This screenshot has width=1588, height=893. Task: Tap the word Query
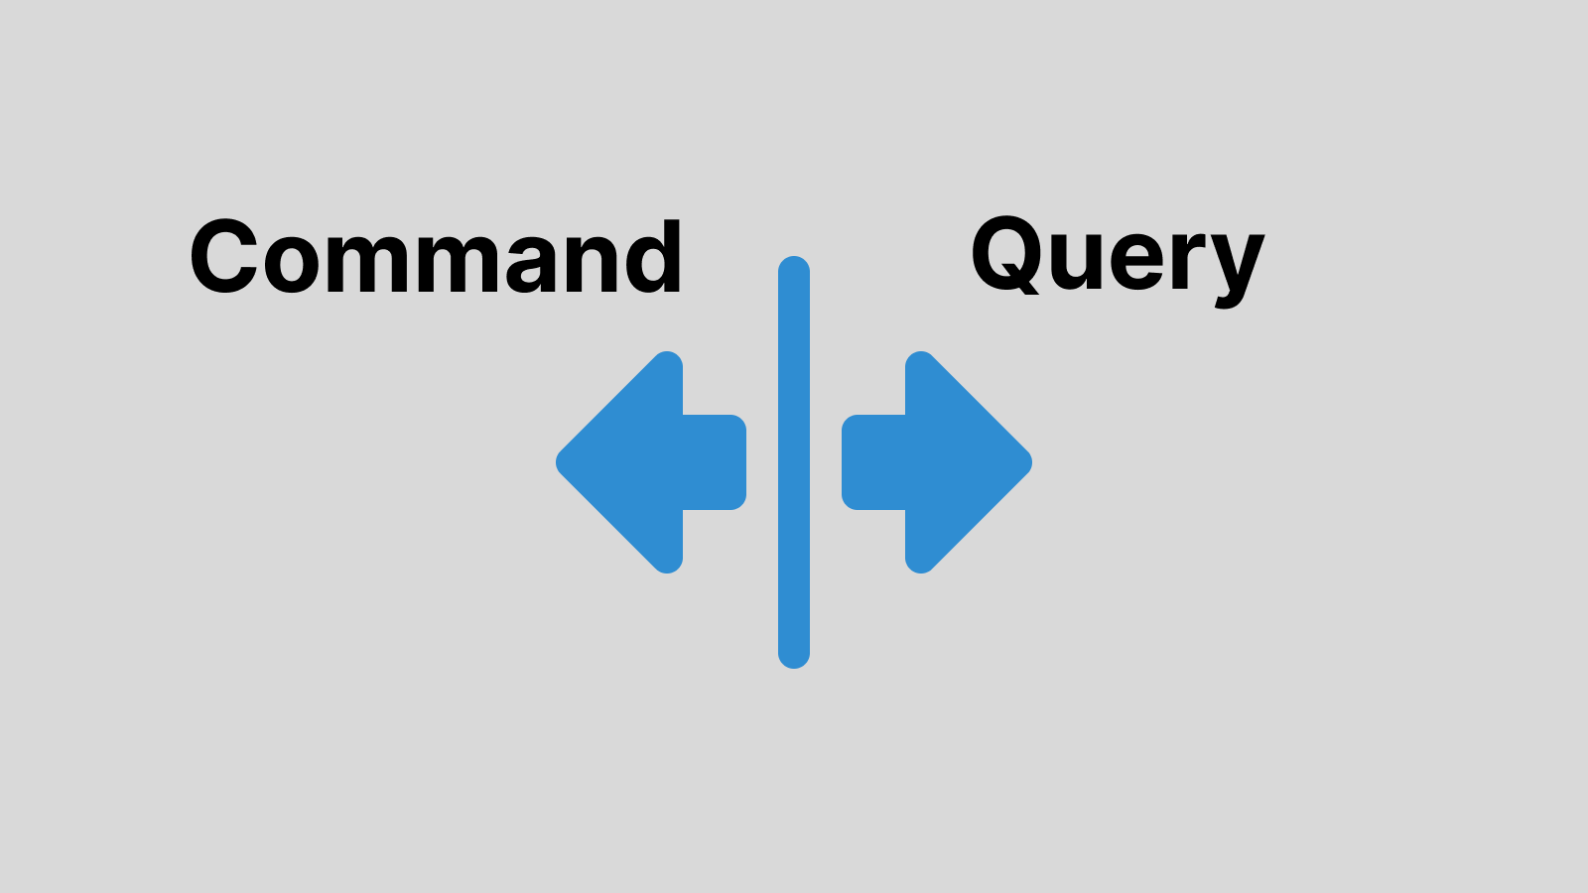1117,257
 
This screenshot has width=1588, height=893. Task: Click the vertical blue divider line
794,462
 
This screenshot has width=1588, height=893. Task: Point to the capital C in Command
224,257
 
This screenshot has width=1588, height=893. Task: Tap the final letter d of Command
654,257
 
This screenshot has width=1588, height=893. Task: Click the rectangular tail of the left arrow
715,462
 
